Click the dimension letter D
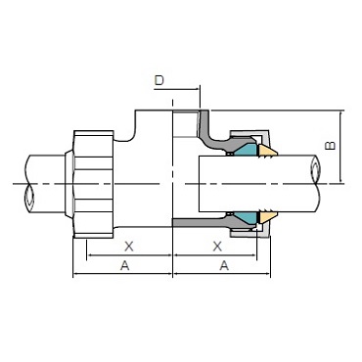pyautogui.click(x=158, y=80)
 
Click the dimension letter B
pyautogui.click(x=331, y=145)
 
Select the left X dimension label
pyautogui.click(x=129, y=247)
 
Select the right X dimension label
pyautogui.click(x=217, y=247)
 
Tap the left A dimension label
pyautogui.click(x=125, y=266)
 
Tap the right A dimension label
pyautogui.click(x=224, y=266)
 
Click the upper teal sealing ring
pyautogui.click(x=246, y=150)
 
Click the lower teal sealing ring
pyautogui.click(x=246, y=217)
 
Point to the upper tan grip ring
pyautogui.click(x=267, y=151)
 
